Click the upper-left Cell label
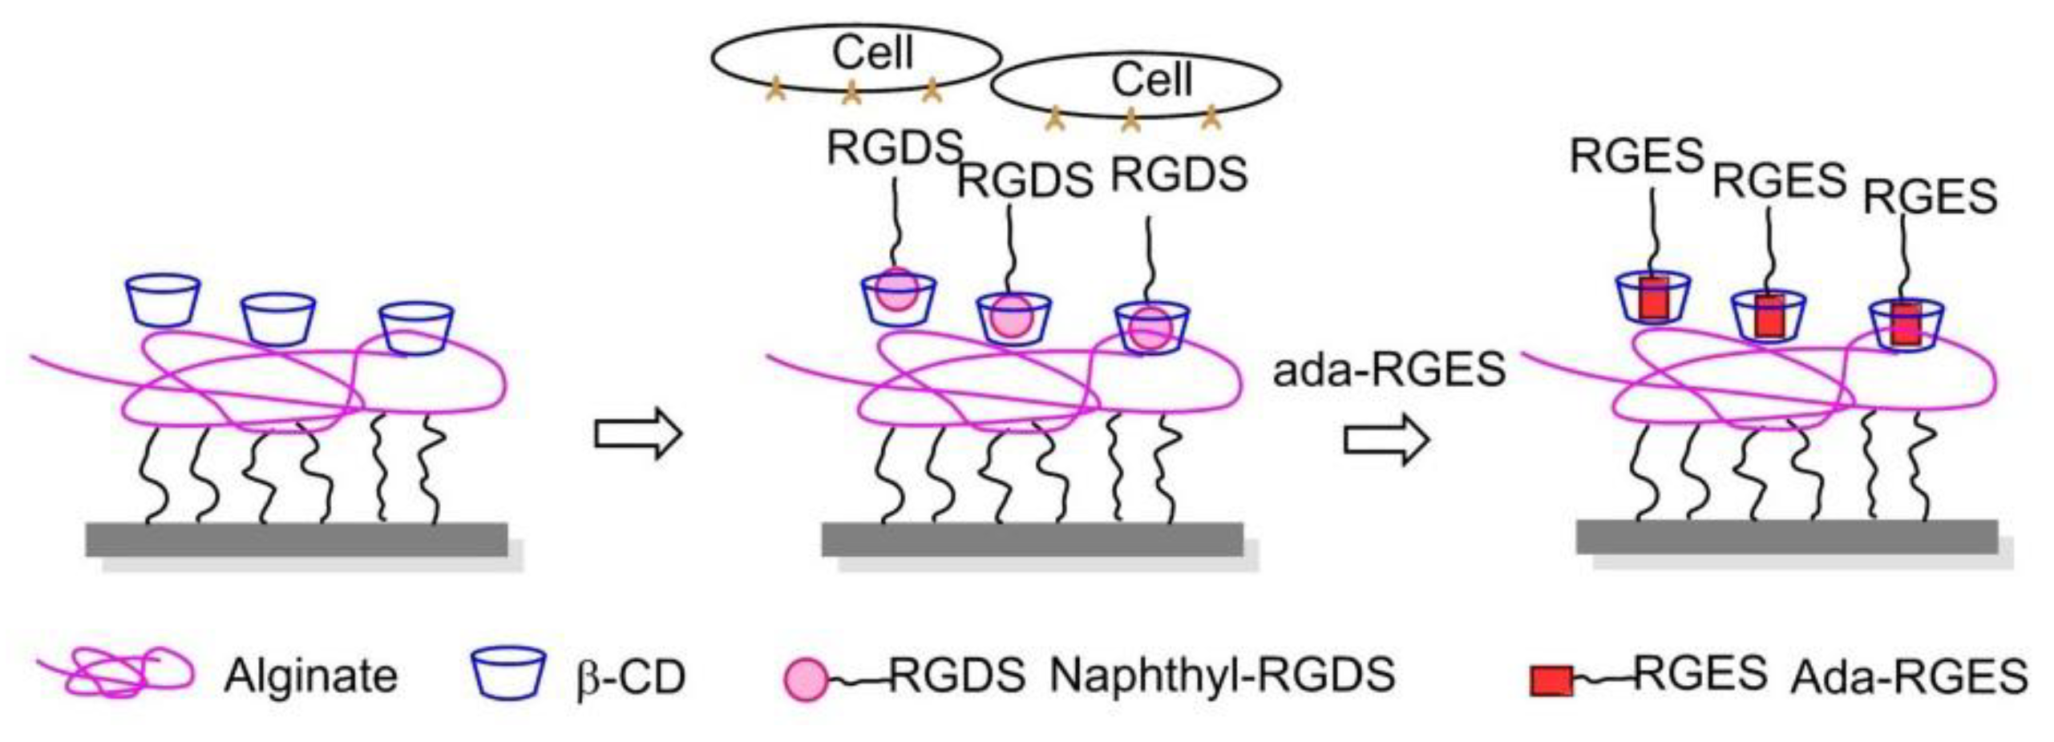tap(872, 53)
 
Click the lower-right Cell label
tap(1151, 80)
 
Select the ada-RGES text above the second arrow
tap(1389, 371)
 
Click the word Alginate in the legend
tap(310, 675)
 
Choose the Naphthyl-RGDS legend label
tap(1222, 674)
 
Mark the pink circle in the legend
tap(804, 680)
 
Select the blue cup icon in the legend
tap(508, 672)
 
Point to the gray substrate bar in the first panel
tap(297, 538)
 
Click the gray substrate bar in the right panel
tap(1786, 536)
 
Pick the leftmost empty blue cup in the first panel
tap(164, 300)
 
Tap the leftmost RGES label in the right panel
tap(1636, 155)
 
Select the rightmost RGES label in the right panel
tap(1930, 197)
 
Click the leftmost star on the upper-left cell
tap(774, 90)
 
